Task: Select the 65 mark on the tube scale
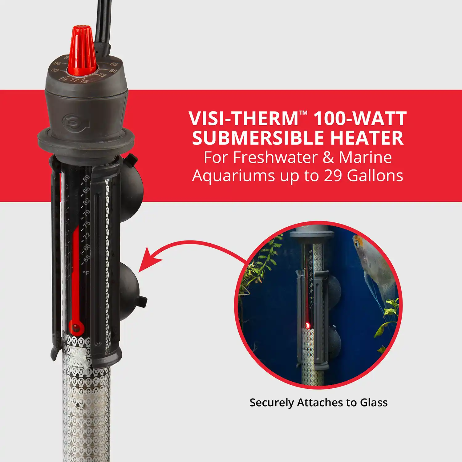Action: click(87, 259)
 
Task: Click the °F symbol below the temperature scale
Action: click(86, 273)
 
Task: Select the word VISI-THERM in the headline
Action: click(243, 119)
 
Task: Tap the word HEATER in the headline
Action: click(367, 138)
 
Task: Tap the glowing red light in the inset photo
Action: click(307, 325)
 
